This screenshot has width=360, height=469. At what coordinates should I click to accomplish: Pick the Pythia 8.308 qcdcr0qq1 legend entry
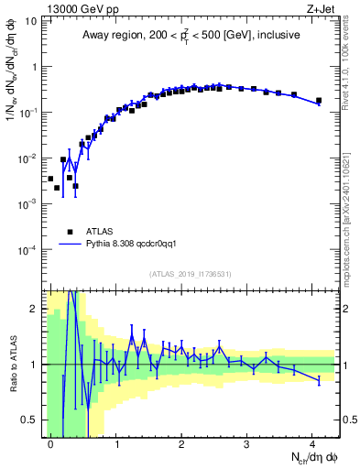[137, 245]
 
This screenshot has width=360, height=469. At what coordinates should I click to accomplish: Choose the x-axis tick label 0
[51, 443]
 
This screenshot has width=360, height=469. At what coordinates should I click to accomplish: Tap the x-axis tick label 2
[181, 443]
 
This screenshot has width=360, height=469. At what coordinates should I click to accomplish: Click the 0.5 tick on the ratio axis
[33, 420]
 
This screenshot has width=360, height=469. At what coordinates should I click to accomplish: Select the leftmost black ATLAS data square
[50, 179]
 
